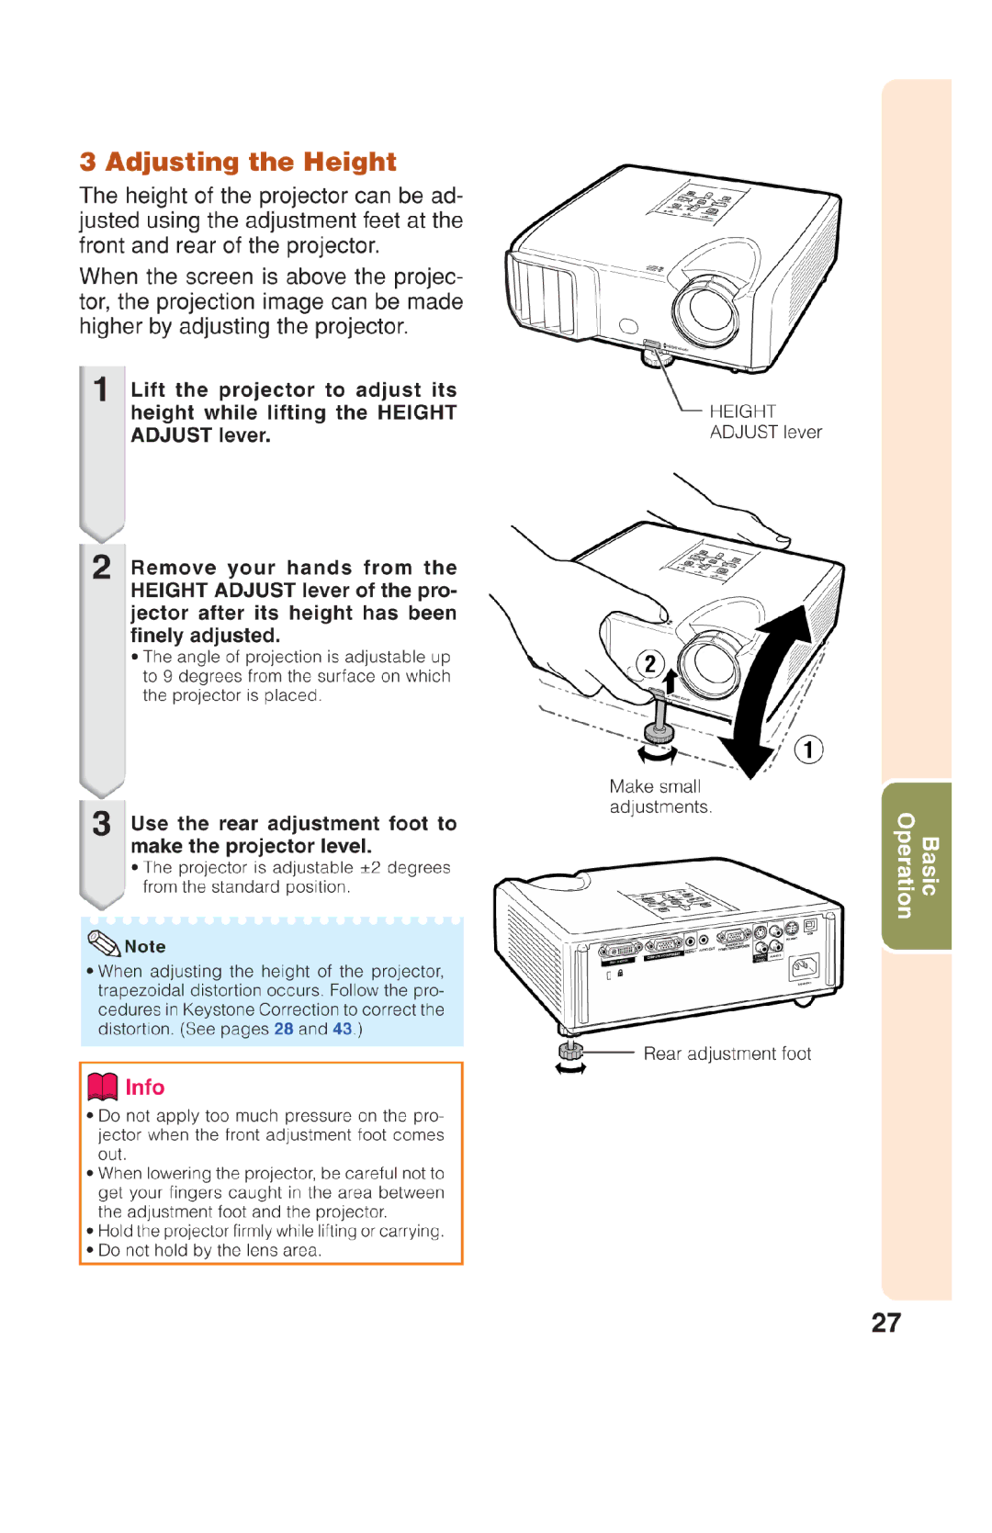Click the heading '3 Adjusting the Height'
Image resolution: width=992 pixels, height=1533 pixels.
(x=238, y=162)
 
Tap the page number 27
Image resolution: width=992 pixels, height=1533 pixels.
(x=885, y=1323)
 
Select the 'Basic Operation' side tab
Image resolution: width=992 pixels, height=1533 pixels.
(x=917, y=865)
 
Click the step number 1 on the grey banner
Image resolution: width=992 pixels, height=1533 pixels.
(x=101, y=389)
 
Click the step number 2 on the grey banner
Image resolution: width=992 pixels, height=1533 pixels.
(x=101, y=567)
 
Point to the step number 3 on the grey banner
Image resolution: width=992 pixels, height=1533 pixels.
(x=101, y=823)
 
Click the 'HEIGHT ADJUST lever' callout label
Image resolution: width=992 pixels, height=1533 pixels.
(x=764, y=422)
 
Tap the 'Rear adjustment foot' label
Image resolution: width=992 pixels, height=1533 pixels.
(x=727, y=1054)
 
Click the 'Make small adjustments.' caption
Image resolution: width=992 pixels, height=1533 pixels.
(x=659, y=796)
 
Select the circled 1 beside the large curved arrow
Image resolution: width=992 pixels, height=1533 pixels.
(x=808, y=750)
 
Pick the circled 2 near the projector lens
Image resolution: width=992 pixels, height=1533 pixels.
(x=650, y=663)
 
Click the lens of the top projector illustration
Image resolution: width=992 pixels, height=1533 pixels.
(x=708, y=308)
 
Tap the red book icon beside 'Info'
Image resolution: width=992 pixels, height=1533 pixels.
(x=102, y=1087)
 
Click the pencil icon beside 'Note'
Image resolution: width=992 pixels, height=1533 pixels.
(x=103, y=943)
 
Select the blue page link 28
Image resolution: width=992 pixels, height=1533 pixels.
(x=283, y=1029)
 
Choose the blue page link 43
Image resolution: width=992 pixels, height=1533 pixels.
(x=342, y=1029)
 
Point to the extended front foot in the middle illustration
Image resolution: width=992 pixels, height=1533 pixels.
(x=659, y=725)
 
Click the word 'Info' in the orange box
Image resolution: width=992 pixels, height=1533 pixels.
(x=145, y=1087)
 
